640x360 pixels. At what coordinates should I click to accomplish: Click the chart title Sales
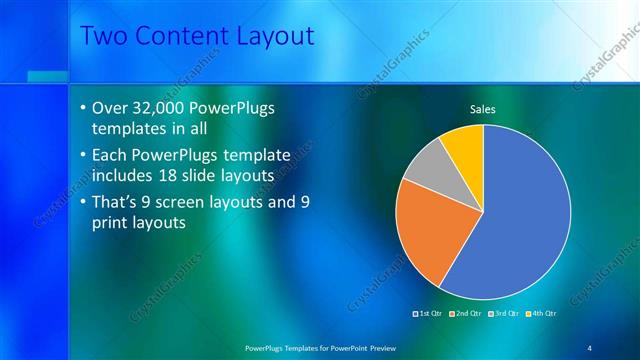[483, 109]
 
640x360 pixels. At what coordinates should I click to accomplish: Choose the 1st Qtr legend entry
[428, 313]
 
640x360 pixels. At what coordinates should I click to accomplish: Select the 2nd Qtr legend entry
[466, 313]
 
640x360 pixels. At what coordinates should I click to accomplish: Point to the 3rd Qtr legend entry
[503, 313]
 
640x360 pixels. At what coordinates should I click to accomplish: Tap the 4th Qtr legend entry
[540, 313]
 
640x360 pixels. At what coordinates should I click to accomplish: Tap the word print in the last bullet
[112, 224]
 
